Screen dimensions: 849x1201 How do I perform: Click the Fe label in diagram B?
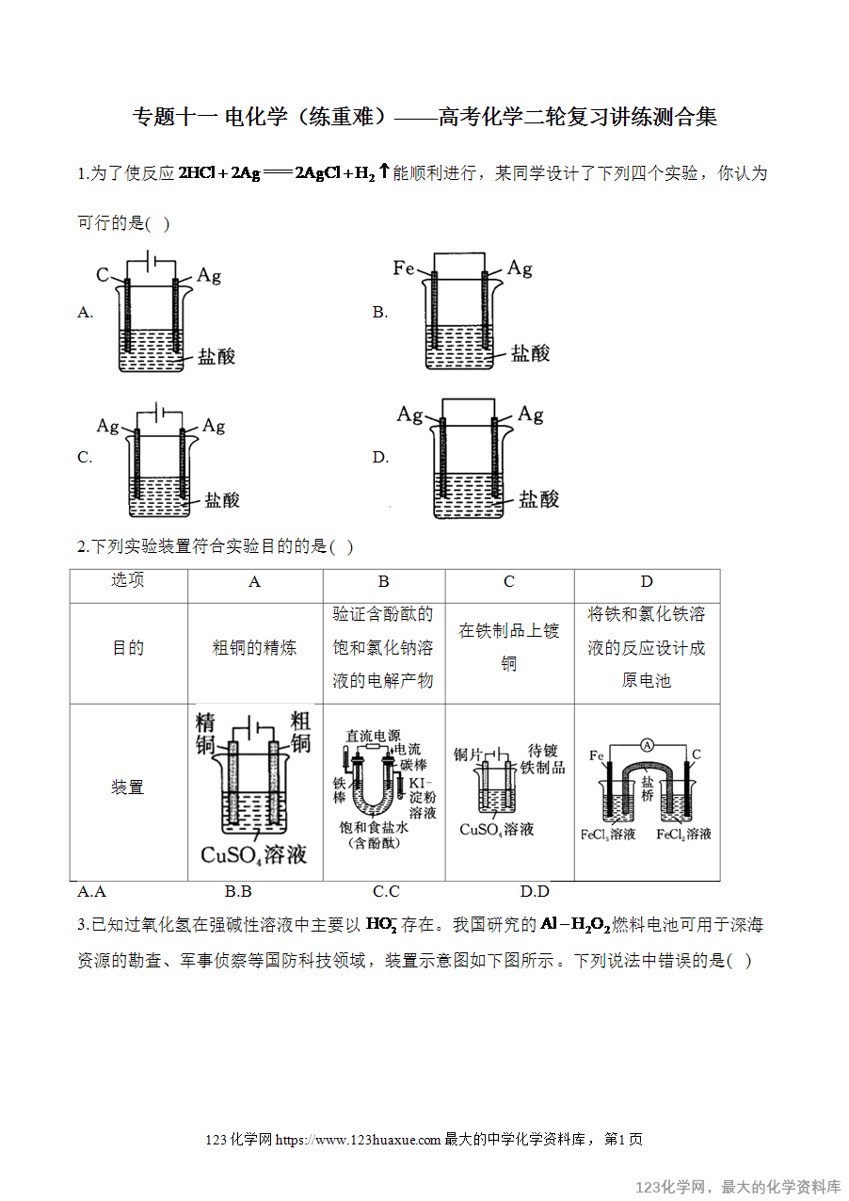(404, 268)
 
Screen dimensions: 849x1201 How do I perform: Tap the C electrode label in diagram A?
(102, 274)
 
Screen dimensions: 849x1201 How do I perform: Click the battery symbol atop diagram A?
(151, 261)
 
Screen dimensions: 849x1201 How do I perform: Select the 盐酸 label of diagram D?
(538, 498)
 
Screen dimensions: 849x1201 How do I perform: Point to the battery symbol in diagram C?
(159, 413)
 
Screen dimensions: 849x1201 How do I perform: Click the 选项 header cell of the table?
(127, 579)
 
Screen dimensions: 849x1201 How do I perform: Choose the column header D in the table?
(647, 581)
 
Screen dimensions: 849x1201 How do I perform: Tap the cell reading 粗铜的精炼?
(254, 648)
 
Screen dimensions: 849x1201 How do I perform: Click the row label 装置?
(127, 787)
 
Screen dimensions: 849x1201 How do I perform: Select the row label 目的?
(128, 648)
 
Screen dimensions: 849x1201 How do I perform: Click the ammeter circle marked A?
(647, 745)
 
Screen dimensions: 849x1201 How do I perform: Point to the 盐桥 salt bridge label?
(648, 787)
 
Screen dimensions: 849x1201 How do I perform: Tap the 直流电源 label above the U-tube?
(373, 736)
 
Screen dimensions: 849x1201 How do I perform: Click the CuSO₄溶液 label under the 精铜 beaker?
(254, 854)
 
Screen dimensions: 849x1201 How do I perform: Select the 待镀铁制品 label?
(542, 758)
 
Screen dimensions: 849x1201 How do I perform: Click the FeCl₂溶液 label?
(683, 835)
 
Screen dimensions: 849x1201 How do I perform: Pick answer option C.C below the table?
(386, 892)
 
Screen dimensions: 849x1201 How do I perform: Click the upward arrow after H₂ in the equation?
(384, 171)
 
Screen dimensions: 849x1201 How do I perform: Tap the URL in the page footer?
(358, 1140)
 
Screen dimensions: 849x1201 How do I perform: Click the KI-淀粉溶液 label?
(423, 798)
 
